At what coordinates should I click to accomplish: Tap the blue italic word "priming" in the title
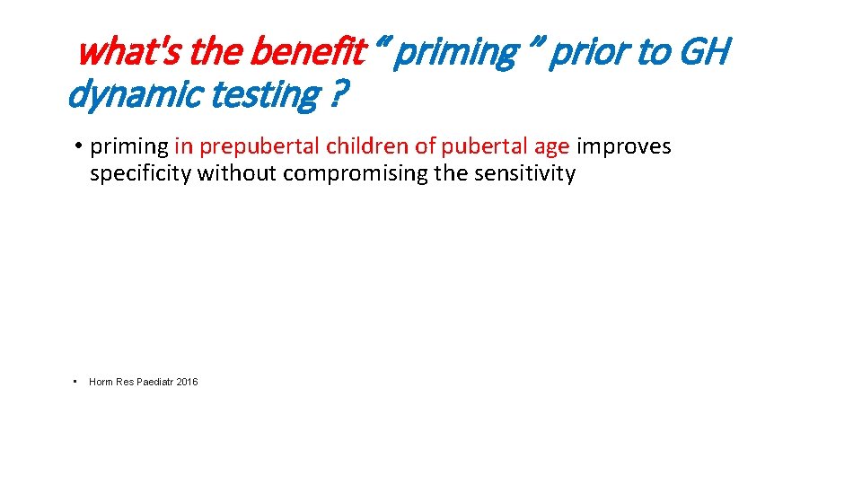(x=455, y=53)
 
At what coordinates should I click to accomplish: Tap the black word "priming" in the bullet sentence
(x=129, y=146)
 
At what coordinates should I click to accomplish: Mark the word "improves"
(x=623, y=146)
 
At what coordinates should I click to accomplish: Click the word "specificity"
(x=140, y=173)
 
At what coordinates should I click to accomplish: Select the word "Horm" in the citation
(x=101, y=383)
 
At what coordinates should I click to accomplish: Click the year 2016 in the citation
(x=188, y=383)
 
